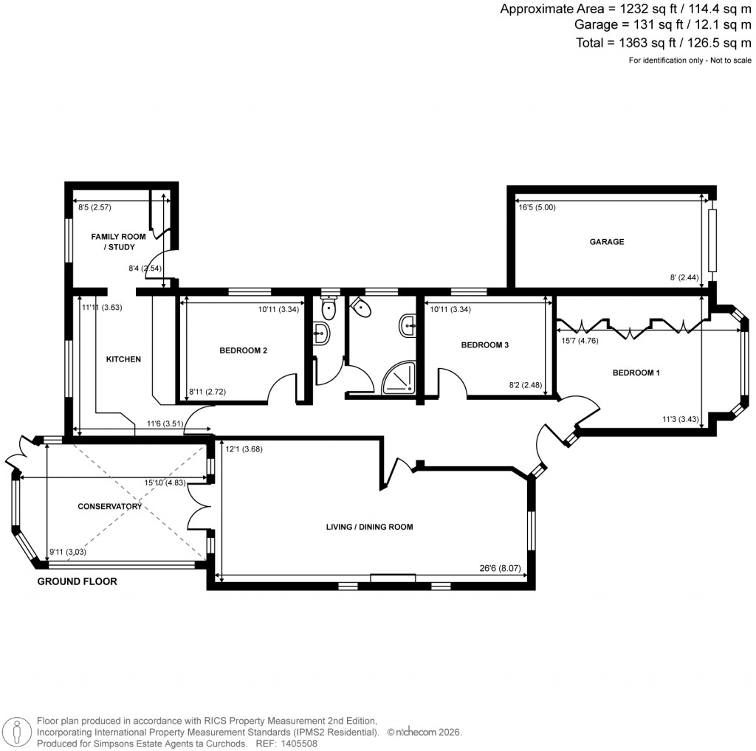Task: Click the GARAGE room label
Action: click(606, 241)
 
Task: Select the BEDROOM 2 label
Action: click(243, 350)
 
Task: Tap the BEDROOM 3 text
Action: click(485, 345)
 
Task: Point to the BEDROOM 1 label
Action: click(636, 373)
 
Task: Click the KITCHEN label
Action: click(123, 359)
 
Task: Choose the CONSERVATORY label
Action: click(109, 507)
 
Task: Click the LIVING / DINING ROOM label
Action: click(369, 527)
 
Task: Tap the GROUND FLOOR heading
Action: click(78, 581)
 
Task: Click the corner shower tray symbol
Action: click(399, 378)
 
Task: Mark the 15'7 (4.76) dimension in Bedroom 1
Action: click(580, 341)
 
